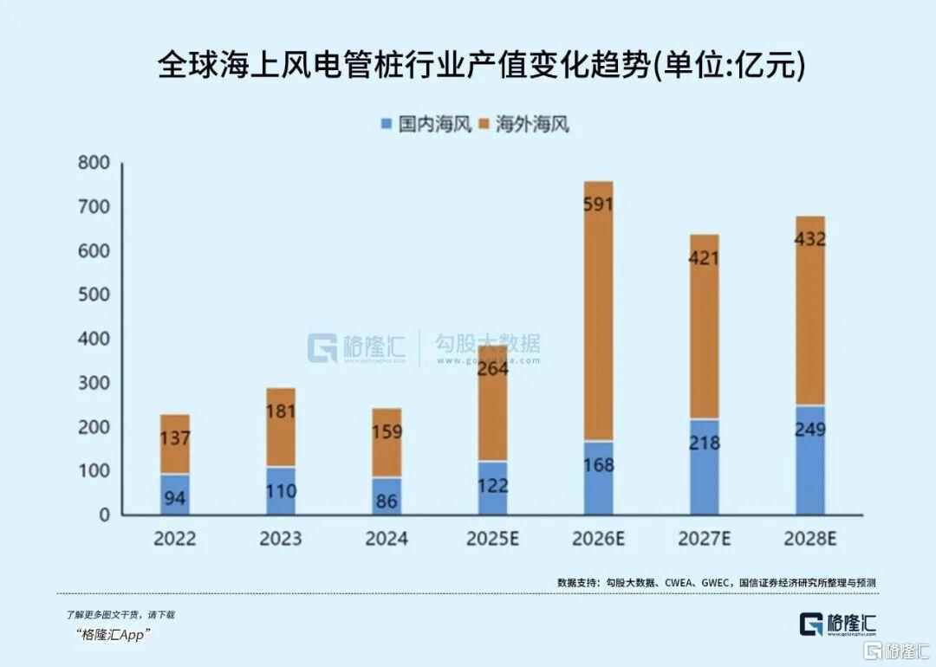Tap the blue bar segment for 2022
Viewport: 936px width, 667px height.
coord(174,495)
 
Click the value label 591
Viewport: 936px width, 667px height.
coord(598,205)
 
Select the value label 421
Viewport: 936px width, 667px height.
coord(705,258)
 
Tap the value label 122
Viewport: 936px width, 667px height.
coord(492,487)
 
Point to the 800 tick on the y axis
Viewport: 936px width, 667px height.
coord(94,163)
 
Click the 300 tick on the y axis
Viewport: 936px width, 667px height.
coord(94,383)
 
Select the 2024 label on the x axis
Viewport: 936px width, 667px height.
coord(387,539)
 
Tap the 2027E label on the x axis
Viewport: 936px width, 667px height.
coord(705,539)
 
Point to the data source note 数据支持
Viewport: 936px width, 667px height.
coord(716,583)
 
